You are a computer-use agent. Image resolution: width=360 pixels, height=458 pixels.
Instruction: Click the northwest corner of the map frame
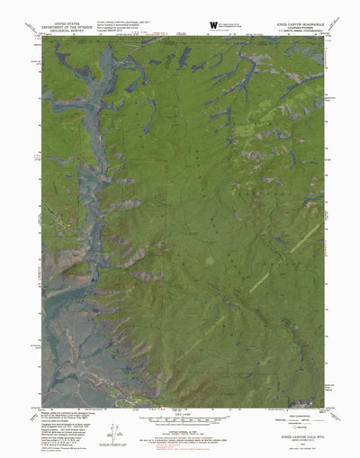pyautogui.click(x=41, y=37)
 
